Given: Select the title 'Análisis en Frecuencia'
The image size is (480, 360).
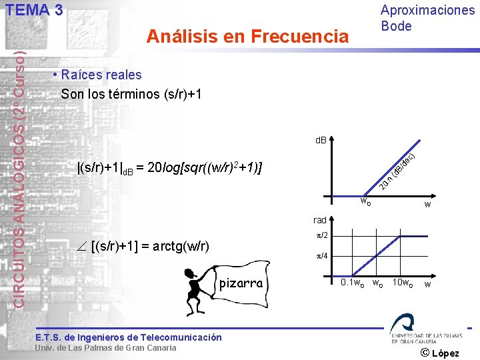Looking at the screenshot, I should (x=247, y=36).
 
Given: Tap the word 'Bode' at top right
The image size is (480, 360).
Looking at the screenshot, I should (x=396, y=26).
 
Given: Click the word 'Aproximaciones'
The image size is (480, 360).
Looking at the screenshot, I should (x=427, y=10).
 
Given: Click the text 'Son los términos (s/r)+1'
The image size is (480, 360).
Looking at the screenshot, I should (x=131, y=94).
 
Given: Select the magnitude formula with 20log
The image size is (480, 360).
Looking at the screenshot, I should (x=170, y=167).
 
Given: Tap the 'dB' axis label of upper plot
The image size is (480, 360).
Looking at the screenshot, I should (x=321, y=141).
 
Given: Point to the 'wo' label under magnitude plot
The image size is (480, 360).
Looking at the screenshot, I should (x=365, y=201).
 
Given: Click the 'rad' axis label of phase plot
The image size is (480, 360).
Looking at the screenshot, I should (x=320, y=220).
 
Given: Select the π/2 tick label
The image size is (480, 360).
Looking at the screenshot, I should (x=321, y=236).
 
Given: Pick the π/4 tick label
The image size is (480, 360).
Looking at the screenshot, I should (x=321, y=257).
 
